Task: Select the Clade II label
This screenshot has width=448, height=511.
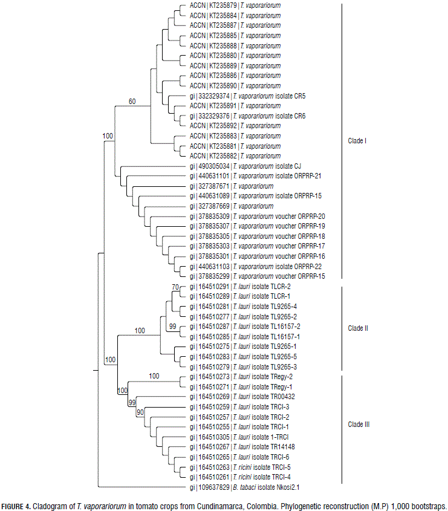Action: (359, 328)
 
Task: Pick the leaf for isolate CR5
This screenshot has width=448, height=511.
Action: (247, 96)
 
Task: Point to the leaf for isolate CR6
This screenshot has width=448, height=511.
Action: (247, 116)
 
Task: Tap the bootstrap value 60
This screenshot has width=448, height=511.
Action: (132, 101)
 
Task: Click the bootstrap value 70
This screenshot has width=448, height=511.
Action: (175, 286)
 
